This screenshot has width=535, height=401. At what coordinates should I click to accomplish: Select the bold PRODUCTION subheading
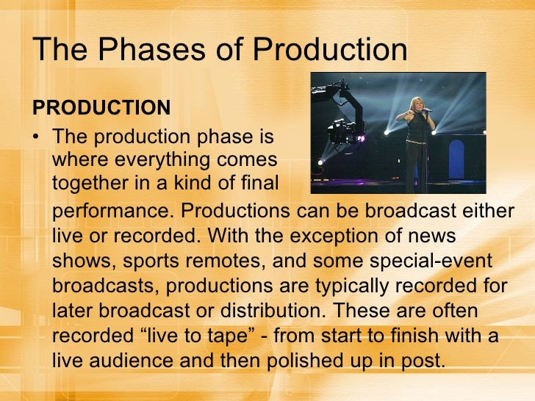101,108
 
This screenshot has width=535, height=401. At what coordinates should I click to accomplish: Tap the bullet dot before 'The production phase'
37,137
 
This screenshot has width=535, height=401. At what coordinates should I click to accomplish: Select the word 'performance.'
113,212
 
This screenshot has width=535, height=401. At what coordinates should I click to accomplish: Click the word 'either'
486,212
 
